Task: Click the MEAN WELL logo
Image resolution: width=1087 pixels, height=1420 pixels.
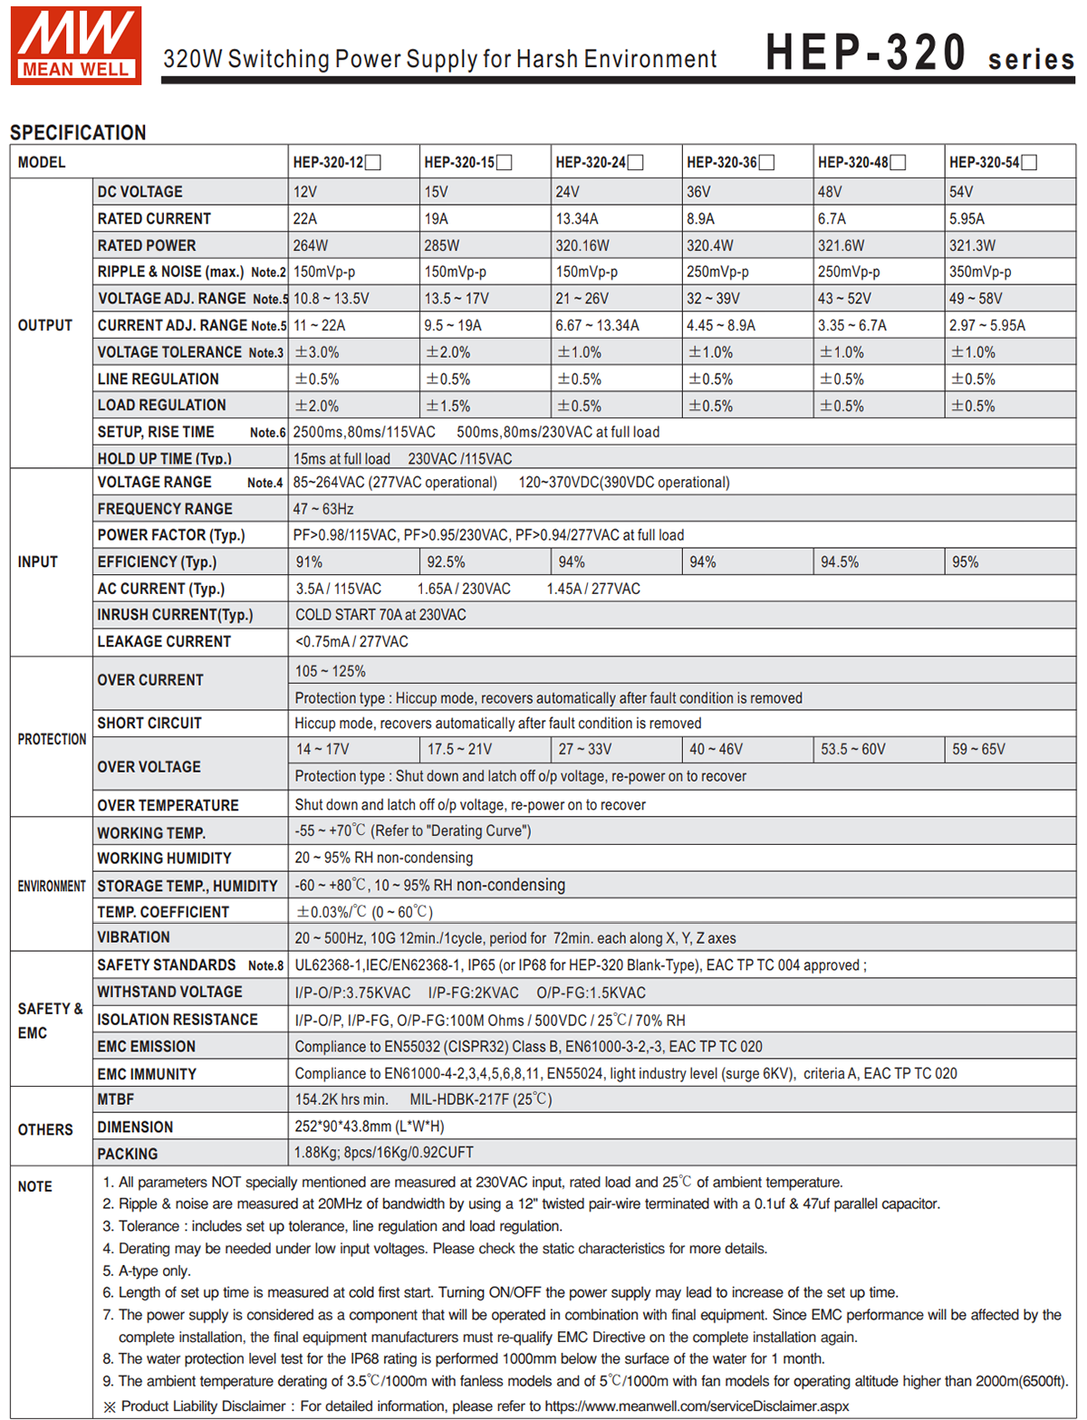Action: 76,45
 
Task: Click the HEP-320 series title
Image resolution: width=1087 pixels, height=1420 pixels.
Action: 919,53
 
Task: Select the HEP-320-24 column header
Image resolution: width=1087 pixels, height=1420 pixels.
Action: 591,163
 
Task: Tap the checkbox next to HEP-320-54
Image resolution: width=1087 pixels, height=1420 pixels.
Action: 1029,163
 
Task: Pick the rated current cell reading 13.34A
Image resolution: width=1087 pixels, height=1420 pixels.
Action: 581,218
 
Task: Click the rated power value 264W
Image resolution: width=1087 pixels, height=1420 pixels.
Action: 311,245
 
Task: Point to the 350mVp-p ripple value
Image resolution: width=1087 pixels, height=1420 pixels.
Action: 980,272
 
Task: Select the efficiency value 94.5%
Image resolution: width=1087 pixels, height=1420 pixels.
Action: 840,562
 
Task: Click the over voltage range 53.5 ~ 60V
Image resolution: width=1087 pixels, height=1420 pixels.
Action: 852,750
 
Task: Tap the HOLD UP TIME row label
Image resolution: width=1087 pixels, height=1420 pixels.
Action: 164,459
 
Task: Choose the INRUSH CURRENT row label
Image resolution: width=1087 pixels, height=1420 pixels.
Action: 175,615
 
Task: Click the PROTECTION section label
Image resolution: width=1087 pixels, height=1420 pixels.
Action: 52,739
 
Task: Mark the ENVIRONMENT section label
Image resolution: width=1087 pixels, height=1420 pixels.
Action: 52,886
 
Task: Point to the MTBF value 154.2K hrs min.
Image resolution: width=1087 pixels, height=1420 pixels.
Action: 341,1099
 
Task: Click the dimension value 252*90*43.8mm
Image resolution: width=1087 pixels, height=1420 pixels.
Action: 370,1127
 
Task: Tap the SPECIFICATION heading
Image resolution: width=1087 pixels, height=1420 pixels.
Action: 78,132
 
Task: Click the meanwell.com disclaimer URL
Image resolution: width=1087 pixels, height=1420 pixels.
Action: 697,1406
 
